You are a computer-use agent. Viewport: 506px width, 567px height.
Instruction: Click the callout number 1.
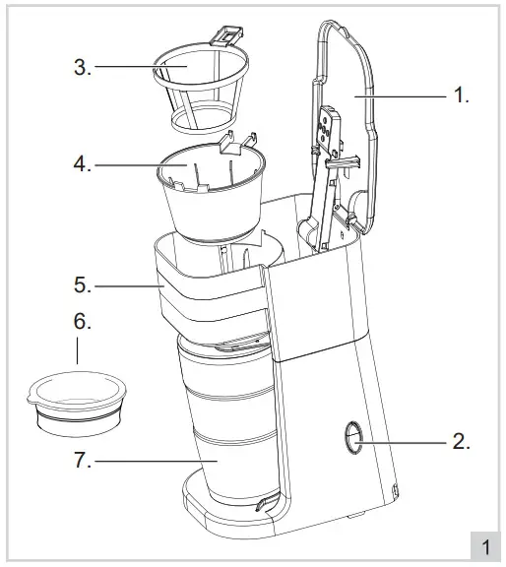coord(459,96)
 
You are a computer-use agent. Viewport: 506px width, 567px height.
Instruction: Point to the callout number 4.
coord(83,164)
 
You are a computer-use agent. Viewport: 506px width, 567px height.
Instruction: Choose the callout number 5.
coord(83,286)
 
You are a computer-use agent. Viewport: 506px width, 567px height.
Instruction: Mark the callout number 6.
coord(83,322)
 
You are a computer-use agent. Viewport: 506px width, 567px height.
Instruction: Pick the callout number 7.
coord(83,460)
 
